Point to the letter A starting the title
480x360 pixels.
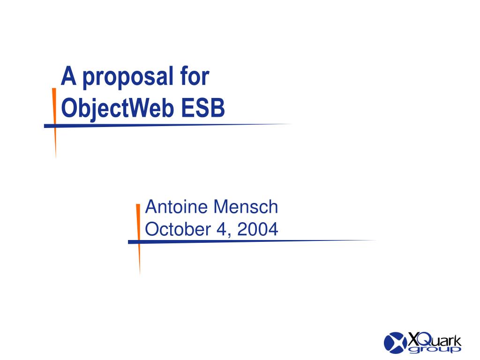pos(69,76)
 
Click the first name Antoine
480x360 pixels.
pos(177,206)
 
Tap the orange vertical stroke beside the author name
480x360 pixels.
pos(138,234)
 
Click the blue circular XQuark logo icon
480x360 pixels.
pos(394,342)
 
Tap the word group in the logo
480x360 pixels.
pos(435,349)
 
